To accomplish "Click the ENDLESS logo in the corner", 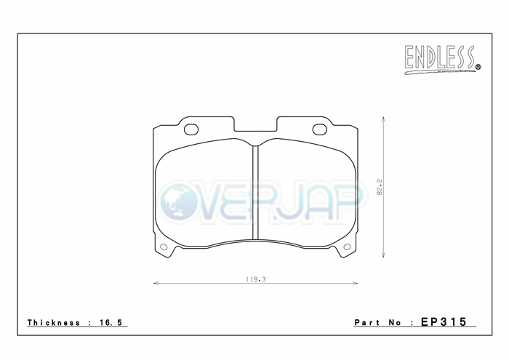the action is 442,60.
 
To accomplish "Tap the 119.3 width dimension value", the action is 256,279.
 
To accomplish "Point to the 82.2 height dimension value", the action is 380,187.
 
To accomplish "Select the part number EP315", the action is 444,322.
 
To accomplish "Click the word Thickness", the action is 54,323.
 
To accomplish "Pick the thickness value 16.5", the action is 111,323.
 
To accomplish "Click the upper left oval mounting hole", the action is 191,129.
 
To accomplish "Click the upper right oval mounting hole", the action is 320,129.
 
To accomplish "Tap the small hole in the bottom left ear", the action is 164,247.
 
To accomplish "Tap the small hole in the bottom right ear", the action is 347,247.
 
